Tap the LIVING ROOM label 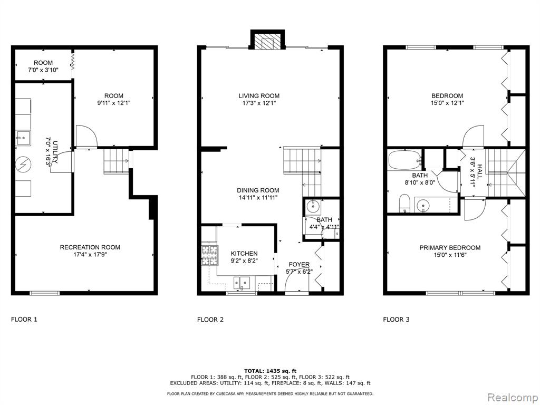click(259, 96)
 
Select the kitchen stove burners click(210, 255)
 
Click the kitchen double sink click(242, 283)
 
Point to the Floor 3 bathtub click(404, 160)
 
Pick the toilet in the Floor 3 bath click(404, 204)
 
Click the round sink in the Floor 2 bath click(314, 207)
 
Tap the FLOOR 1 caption click(24, 319)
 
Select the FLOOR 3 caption click(396, 320)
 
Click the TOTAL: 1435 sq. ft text click(270, 371)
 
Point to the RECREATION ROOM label click(90, 247)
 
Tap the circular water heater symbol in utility click(23, 165)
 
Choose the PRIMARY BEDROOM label click(450, 248)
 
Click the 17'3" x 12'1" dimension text click(259, 103)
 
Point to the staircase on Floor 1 click(117, 161)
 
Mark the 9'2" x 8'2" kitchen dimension click(244, 261)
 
